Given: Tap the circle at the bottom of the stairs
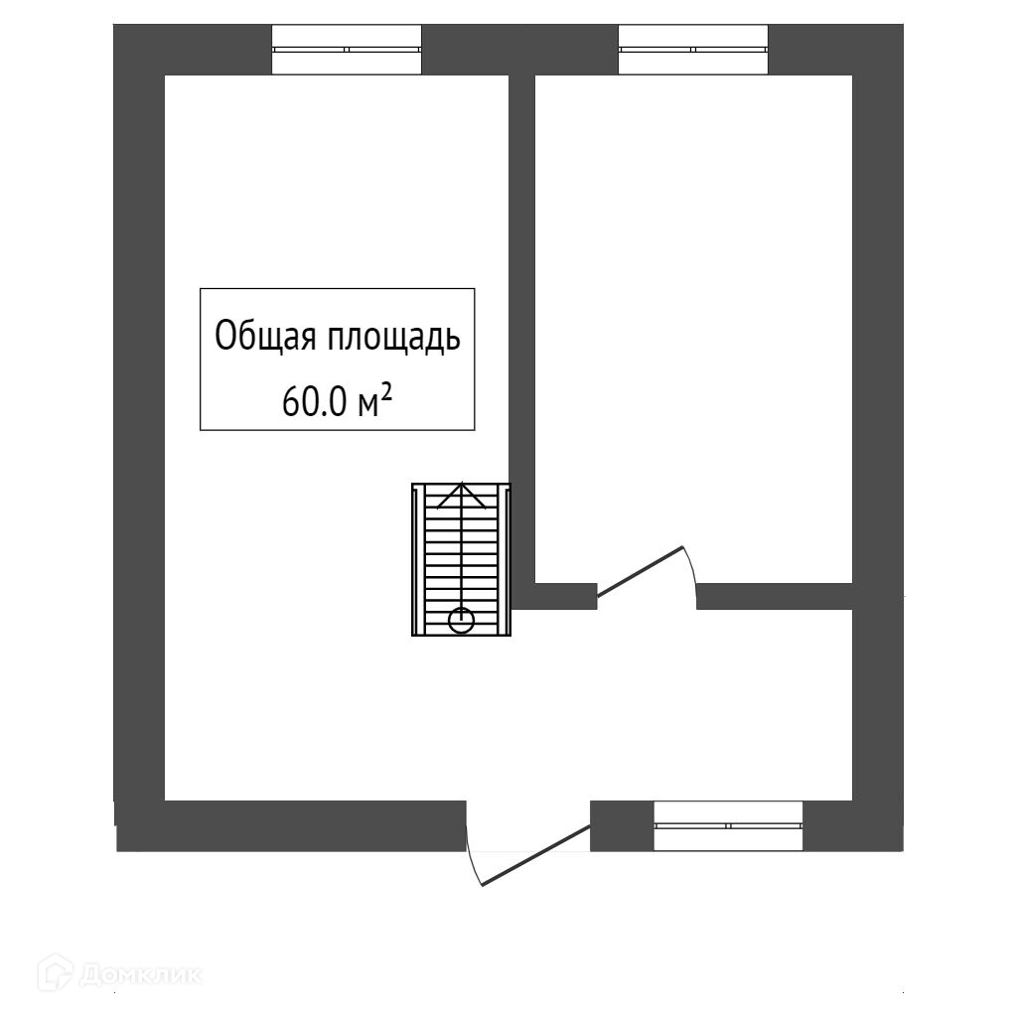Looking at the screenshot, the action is [x=461, y=622].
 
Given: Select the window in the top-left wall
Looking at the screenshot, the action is [x=348, y=49].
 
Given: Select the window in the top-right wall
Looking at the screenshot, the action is [x=693, y=49].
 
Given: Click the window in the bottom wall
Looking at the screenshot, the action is [x=728, y=825].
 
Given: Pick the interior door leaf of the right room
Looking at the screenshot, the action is [x=640, y=571].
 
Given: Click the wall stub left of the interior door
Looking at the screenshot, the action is [x=556, y=596].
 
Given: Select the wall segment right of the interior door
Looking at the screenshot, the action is [x=775, y=596].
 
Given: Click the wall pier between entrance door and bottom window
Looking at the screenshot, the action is [x=622, y=825].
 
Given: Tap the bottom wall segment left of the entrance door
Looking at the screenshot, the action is [x=298, y=825].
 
